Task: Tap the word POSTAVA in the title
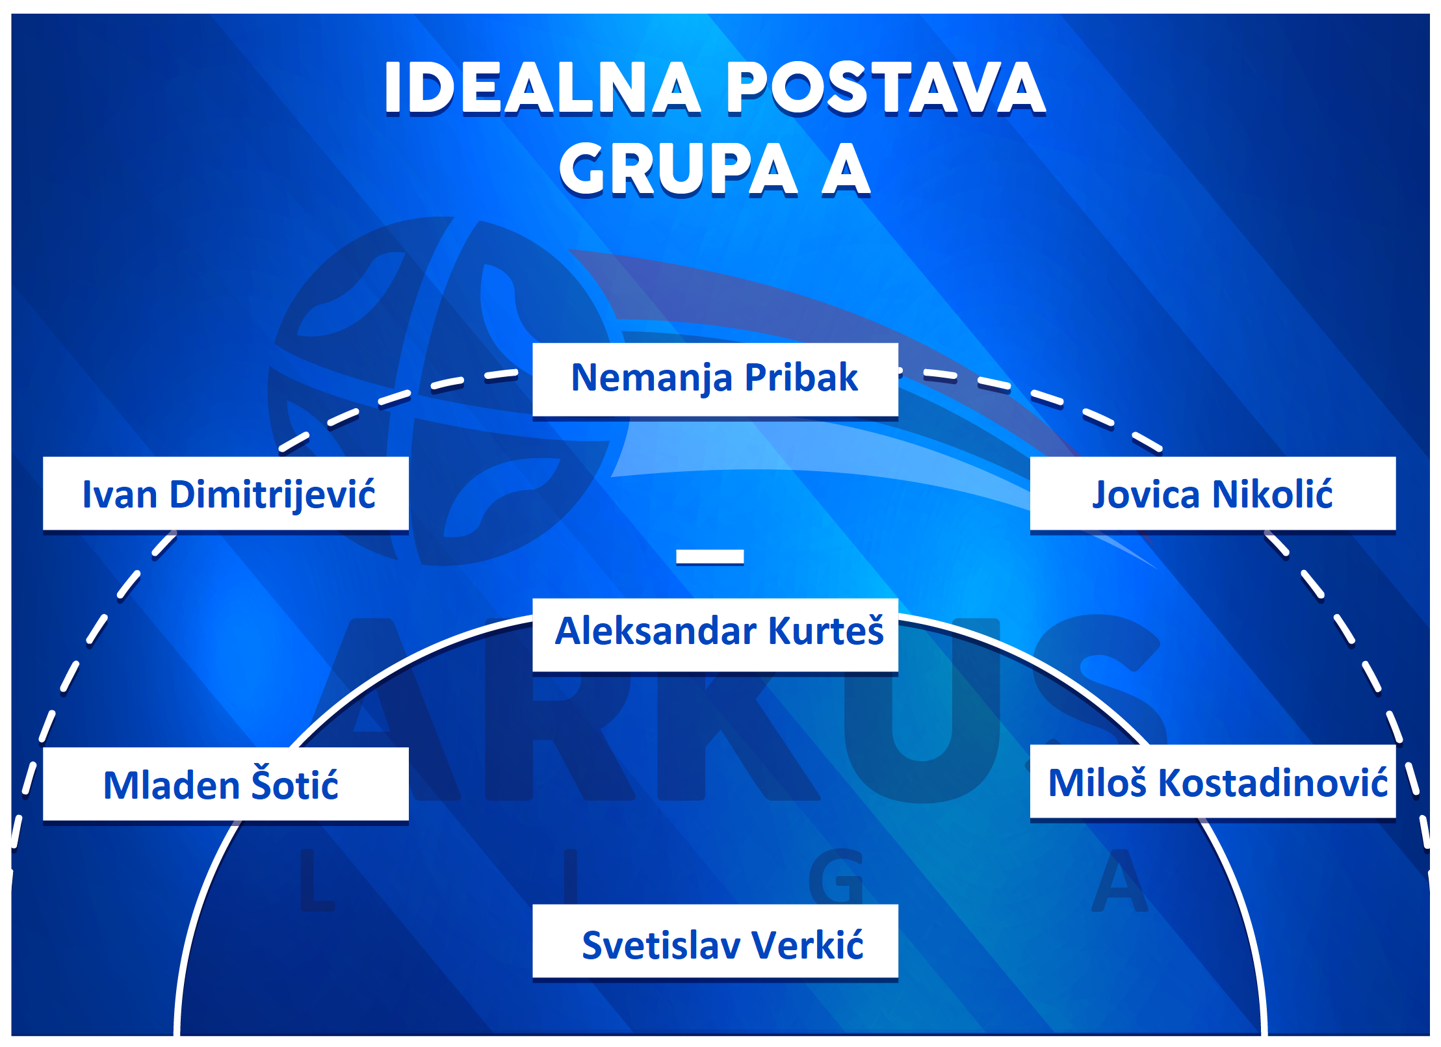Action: (x=885, y=88)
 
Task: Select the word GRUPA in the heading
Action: (x=679, y=169)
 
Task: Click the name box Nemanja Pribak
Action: (x=715, y=380)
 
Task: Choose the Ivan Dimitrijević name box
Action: (x=226, y=493)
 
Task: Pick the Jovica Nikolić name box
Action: (x=1213, y=493)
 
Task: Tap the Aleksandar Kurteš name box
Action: (x=715, y=635)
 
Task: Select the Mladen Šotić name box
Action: (x=226, y=784)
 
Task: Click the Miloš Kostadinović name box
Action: (x=1213, y=782)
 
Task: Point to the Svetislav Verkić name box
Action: (x=715, y=941)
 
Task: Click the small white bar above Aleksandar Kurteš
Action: (x=710, y=556)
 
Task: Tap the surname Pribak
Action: (x=801, y=377)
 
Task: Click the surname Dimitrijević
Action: (x=273, y=495)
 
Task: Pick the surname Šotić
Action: (x=295, y=782)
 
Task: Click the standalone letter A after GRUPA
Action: (x=846, y=168)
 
